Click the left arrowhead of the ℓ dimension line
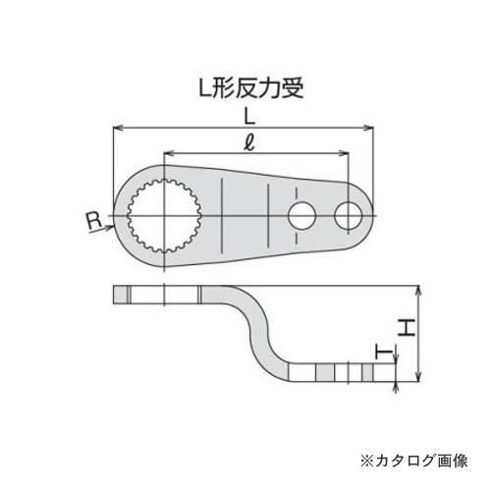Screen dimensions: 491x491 [x=166, y=154]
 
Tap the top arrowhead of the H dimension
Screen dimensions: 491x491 [x=419, y=290]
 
